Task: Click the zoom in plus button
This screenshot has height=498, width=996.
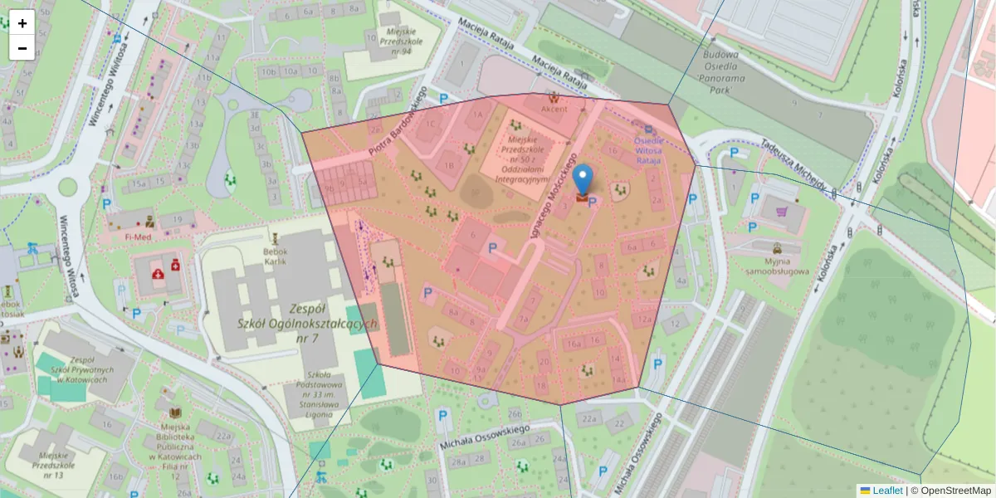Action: (x=22, y=23)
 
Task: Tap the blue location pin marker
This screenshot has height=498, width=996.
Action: (x=583, y=178)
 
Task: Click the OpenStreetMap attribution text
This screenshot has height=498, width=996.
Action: (x=950, y=491)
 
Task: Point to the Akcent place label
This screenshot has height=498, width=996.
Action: (x=554, y=109)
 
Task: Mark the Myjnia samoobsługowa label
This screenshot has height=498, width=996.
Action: (x=771, y=265)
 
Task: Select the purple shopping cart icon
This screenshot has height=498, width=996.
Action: (x=781, y=212)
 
